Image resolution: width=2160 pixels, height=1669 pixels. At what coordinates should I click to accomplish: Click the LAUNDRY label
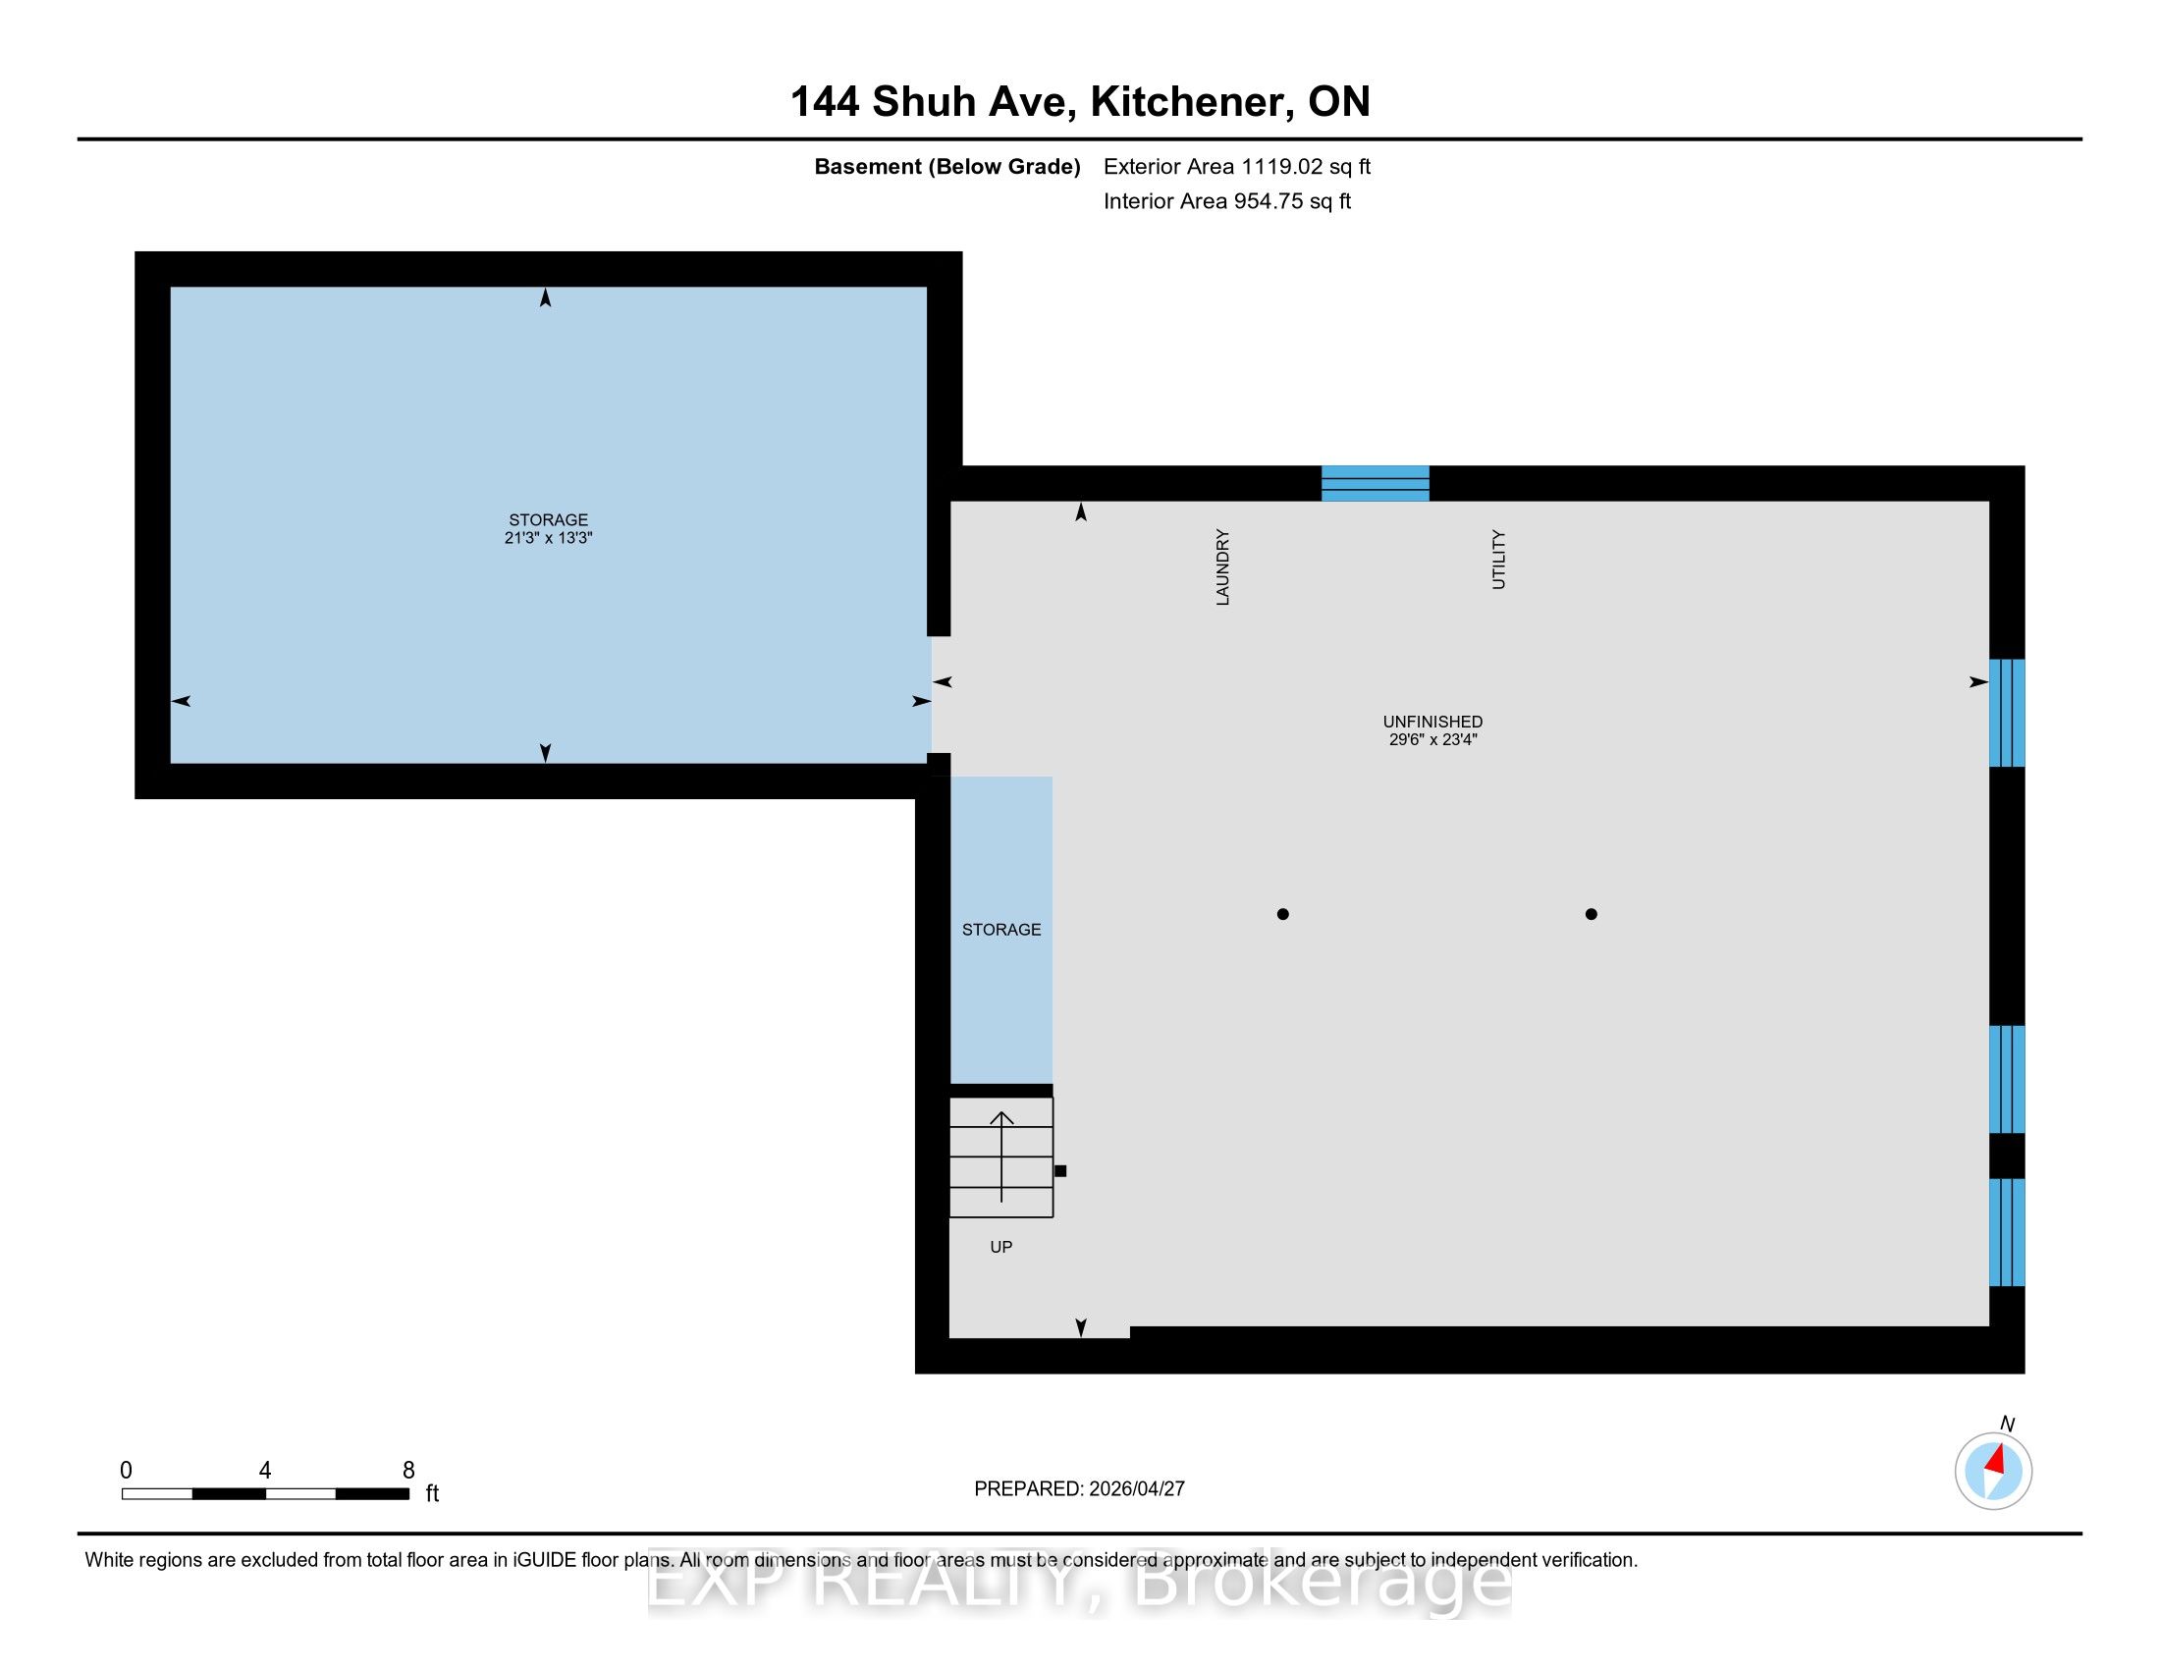pyautogui.click(x=1222, y=566)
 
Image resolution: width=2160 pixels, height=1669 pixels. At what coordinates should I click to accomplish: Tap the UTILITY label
pyautogui.click(x=1498, y=560)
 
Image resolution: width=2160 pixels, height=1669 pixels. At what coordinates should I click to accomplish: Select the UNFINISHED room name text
pyautogui.click(x=1432, y=722)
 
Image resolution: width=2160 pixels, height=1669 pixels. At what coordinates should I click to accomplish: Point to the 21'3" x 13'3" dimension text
pyautogui.click(x=548, y=538)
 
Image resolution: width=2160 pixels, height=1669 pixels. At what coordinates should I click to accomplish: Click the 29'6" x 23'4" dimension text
pyautogui.click(x=1432, y=739)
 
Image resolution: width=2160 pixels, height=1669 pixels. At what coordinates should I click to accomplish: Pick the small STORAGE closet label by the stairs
pyautogui.click(x=1000, y=930)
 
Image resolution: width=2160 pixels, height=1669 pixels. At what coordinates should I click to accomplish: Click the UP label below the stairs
pyautogui.click(x=1000, y=1247)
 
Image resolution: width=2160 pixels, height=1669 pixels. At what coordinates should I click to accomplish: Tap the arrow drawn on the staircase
pyautogui.click(x=1001, y=1156)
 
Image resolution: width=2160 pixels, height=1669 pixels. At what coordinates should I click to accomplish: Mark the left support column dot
pyautogui.click(x=1283, y=914)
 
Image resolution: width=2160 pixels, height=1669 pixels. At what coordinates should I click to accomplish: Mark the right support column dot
pyautogui.click(x=1592, y=914)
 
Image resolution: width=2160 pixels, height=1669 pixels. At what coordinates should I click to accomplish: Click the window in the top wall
pyautogui.click(x=1376, y=483)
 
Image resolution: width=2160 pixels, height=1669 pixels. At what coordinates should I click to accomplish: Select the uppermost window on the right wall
pyautogui.click(x=2007, y=713)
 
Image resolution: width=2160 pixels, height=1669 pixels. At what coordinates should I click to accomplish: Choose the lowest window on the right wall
pyautogui.click(x=2007, y=1232)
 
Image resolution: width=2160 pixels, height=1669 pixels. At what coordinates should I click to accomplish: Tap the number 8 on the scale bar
pyautogui.click(x=408, y=1471)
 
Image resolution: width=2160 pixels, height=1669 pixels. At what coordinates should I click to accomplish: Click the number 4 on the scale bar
pyautogui.click(x=265, y=1471)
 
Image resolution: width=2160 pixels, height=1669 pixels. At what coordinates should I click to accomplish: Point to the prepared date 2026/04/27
pyautogui.click(x=1135, y=1489)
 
